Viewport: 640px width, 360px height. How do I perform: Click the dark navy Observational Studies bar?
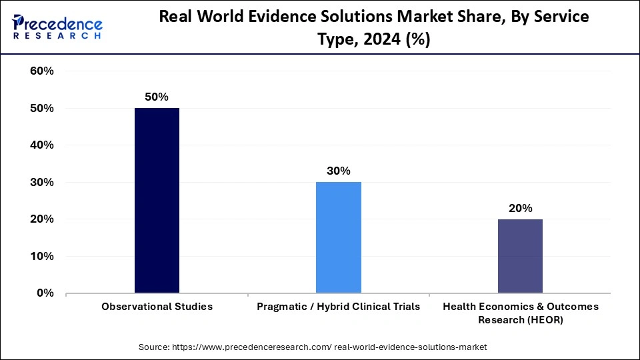coord(157,200)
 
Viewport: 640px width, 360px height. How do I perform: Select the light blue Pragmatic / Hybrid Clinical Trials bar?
coord(338,237)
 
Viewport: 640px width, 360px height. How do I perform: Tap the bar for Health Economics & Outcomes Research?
coord(520,255)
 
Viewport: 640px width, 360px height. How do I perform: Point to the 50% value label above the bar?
coord(157,97)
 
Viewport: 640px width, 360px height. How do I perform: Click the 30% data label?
coord(338,171)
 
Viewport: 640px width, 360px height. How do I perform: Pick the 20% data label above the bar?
coord(520,208)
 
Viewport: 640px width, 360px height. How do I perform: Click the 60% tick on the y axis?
coord(41,71)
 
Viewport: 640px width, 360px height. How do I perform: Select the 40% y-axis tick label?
coord(41,145)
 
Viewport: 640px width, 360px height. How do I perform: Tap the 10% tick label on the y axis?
coord(41,256)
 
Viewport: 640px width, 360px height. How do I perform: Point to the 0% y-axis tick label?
coord(45,293)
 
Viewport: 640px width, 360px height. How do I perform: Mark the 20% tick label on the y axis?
coord(41,219)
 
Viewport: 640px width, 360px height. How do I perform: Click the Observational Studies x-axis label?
coord(157,307)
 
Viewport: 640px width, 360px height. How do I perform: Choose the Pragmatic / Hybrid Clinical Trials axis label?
coord(338,307)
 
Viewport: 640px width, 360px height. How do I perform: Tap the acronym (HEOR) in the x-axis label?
coord(544,319)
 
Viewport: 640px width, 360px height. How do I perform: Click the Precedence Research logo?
coord(57,27)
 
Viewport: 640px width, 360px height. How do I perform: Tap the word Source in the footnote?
coord(154,347)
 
